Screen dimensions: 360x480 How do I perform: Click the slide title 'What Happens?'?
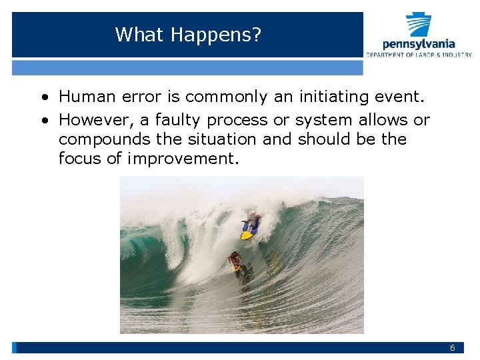click(188, 34)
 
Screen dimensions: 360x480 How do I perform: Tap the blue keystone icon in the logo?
click(419, 25)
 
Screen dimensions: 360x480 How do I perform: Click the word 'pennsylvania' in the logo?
click(419, 45)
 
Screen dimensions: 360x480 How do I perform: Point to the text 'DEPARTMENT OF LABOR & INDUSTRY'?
click(419, 55)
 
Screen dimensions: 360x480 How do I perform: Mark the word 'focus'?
click(77, 159)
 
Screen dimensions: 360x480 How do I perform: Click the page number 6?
click(452, 348)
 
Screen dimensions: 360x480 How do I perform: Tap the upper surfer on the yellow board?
click(251, 223)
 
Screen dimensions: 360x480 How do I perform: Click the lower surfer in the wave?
click(234, 261)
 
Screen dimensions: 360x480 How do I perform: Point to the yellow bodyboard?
click(247, 235)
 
